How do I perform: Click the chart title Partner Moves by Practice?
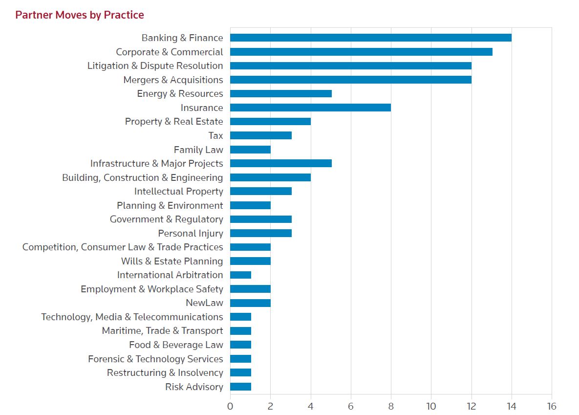80,15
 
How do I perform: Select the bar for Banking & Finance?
370,38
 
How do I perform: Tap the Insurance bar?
310,108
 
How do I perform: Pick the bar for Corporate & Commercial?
361,52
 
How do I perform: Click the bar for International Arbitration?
240,275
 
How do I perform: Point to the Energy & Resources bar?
280,93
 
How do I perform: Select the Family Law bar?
250,150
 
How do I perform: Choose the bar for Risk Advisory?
240,387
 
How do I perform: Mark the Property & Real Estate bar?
270,121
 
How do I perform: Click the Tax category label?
215,135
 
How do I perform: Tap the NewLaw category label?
204,303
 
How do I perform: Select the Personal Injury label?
190,233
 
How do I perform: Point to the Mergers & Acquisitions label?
173,80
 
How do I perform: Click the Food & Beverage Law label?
176,345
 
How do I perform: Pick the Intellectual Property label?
178,191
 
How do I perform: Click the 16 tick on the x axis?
552,406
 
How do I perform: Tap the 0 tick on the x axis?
230,406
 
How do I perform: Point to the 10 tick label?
431,406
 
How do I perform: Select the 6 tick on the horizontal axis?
351,406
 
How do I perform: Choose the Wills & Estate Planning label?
172,261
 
